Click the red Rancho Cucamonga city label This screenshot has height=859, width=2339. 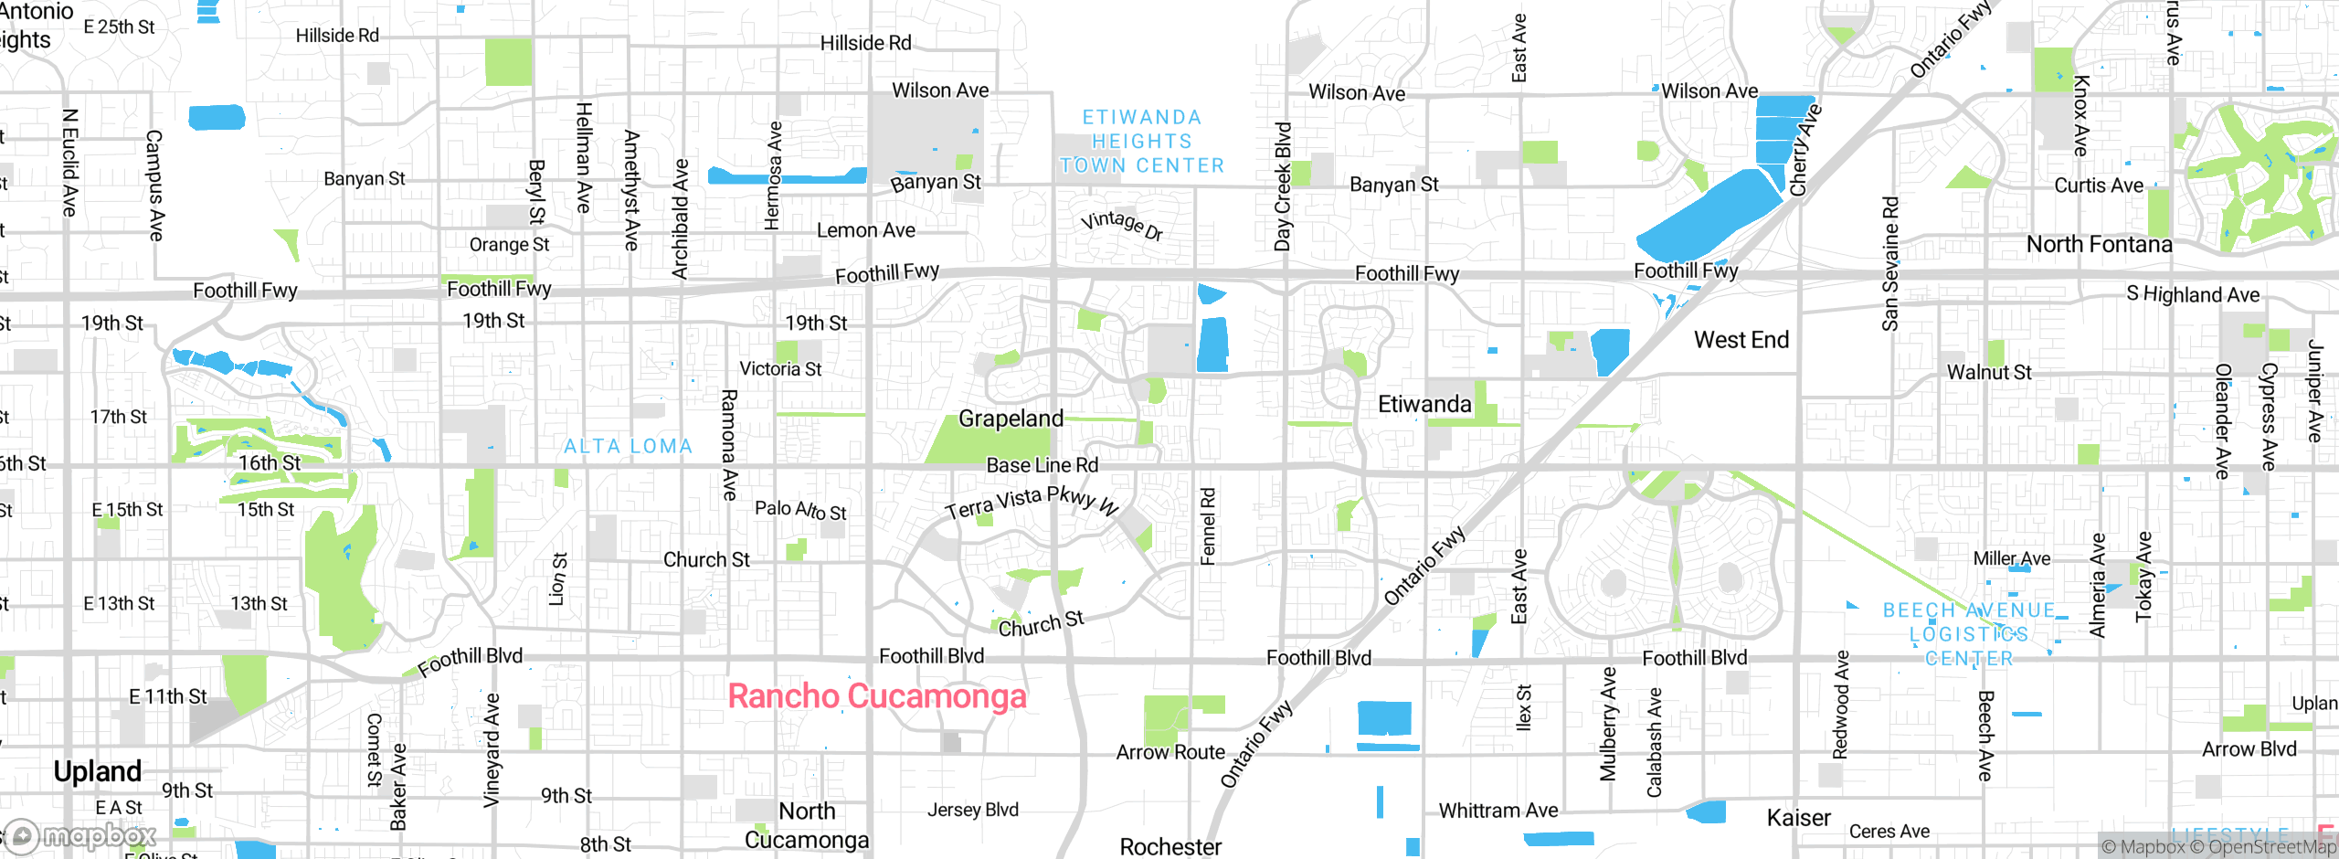[x=877, y=696]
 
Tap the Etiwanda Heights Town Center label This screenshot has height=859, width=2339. [x=1141, y=142]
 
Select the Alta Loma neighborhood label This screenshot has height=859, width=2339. [x=628, y=446]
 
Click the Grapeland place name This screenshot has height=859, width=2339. [x=1011, y=419]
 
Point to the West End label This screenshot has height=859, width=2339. [x=1741, y=340]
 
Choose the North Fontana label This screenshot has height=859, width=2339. [x=2099, y=244]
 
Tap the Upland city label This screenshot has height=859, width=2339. [x=97, y=771]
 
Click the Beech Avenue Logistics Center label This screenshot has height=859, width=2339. [x=1969, y=634]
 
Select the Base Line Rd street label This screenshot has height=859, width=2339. [x=1042, y=465]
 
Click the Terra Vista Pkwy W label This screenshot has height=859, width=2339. [x=1032, y=502]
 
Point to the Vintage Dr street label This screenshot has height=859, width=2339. [x=1121, y=224]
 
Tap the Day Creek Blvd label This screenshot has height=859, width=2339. [x=1283, y=187]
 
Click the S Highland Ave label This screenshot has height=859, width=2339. [x=2192, y=294]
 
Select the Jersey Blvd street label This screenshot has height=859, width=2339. [x=972, y=810]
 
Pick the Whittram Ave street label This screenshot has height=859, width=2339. [x=1498, y=811]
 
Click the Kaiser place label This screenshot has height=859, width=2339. [x=1798, y=818]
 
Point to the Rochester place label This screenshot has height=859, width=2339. [x=1170, y=846]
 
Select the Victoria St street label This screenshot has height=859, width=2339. [x=780, y=369]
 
